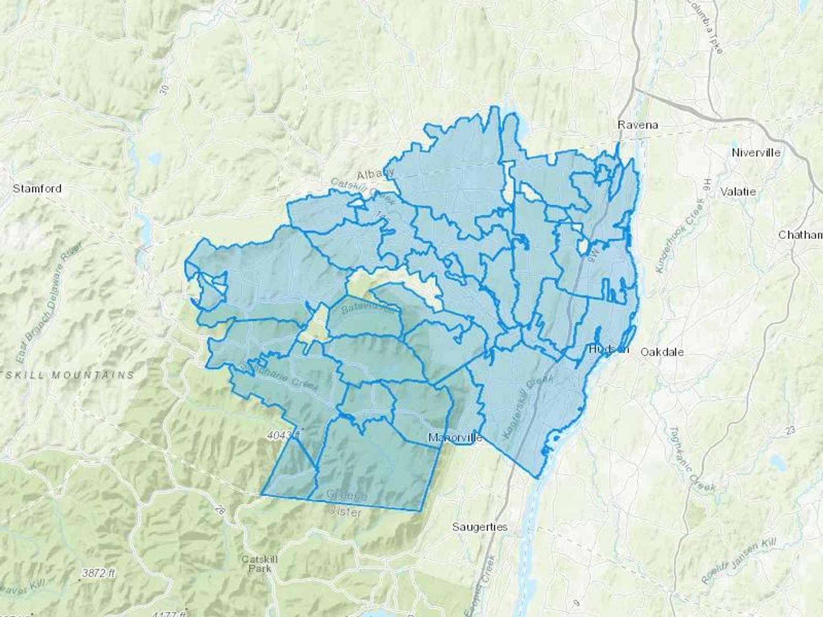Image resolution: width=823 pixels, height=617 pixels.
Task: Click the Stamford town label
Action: tap(37, 188)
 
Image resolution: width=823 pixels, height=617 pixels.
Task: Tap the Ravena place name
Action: tap(637, 125)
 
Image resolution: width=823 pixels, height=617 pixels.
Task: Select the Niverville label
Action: tap(756, 153)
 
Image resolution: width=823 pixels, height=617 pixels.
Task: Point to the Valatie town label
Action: tap(738, 191)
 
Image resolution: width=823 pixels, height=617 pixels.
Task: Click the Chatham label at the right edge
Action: tap(800, 235)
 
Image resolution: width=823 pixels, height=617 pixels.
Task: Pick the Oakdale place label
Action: tap(662, 352)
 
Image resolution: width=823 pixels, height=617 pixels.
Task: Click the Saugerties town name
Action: tap(480, 527)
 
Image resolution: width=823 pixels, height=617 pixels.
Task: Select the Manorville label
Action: tap(455, 438)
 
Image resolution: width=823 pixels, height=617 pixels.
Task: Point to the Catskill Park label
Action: tap(259, 564)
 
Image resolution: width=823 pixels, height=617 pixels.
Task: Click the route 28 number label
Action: tap(222, 511)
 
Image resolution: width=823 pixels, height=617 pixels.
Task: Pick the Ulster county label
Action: tap(344, 513)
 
